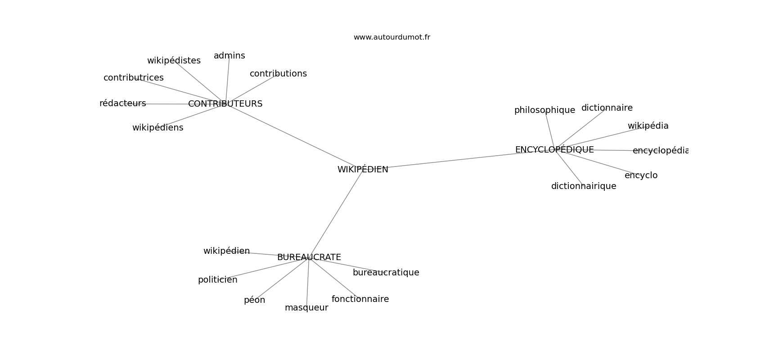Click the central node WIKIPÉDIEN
[x=363, y=169]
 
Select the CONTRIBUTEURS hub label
[x=225, y=104]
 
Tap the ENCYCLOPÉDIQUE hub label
[x=554, y=149]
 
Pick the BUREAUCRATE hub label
[x=309, y=257]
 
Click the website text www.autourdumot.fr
[x=391, y=37]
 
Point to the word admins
[x=229, y=56]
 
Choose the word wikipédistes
[x=174, y=61]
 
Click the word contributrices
[x=134, y=78]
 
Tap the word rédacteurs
[x=122, y=103]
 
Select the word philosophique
[x=544, y=110]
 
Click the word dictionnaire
[x=607, y=108]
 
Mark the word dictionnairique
[x=584, y=186]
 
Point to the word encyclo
[x=641, y=175]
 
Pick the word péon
[x=254, y=300]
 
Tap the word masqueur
[x=306, y=308]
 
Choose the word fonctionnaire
[x=360, y=299]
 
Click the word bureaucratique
[x=386, y=273]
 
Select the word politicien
[x=217, y=280]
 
